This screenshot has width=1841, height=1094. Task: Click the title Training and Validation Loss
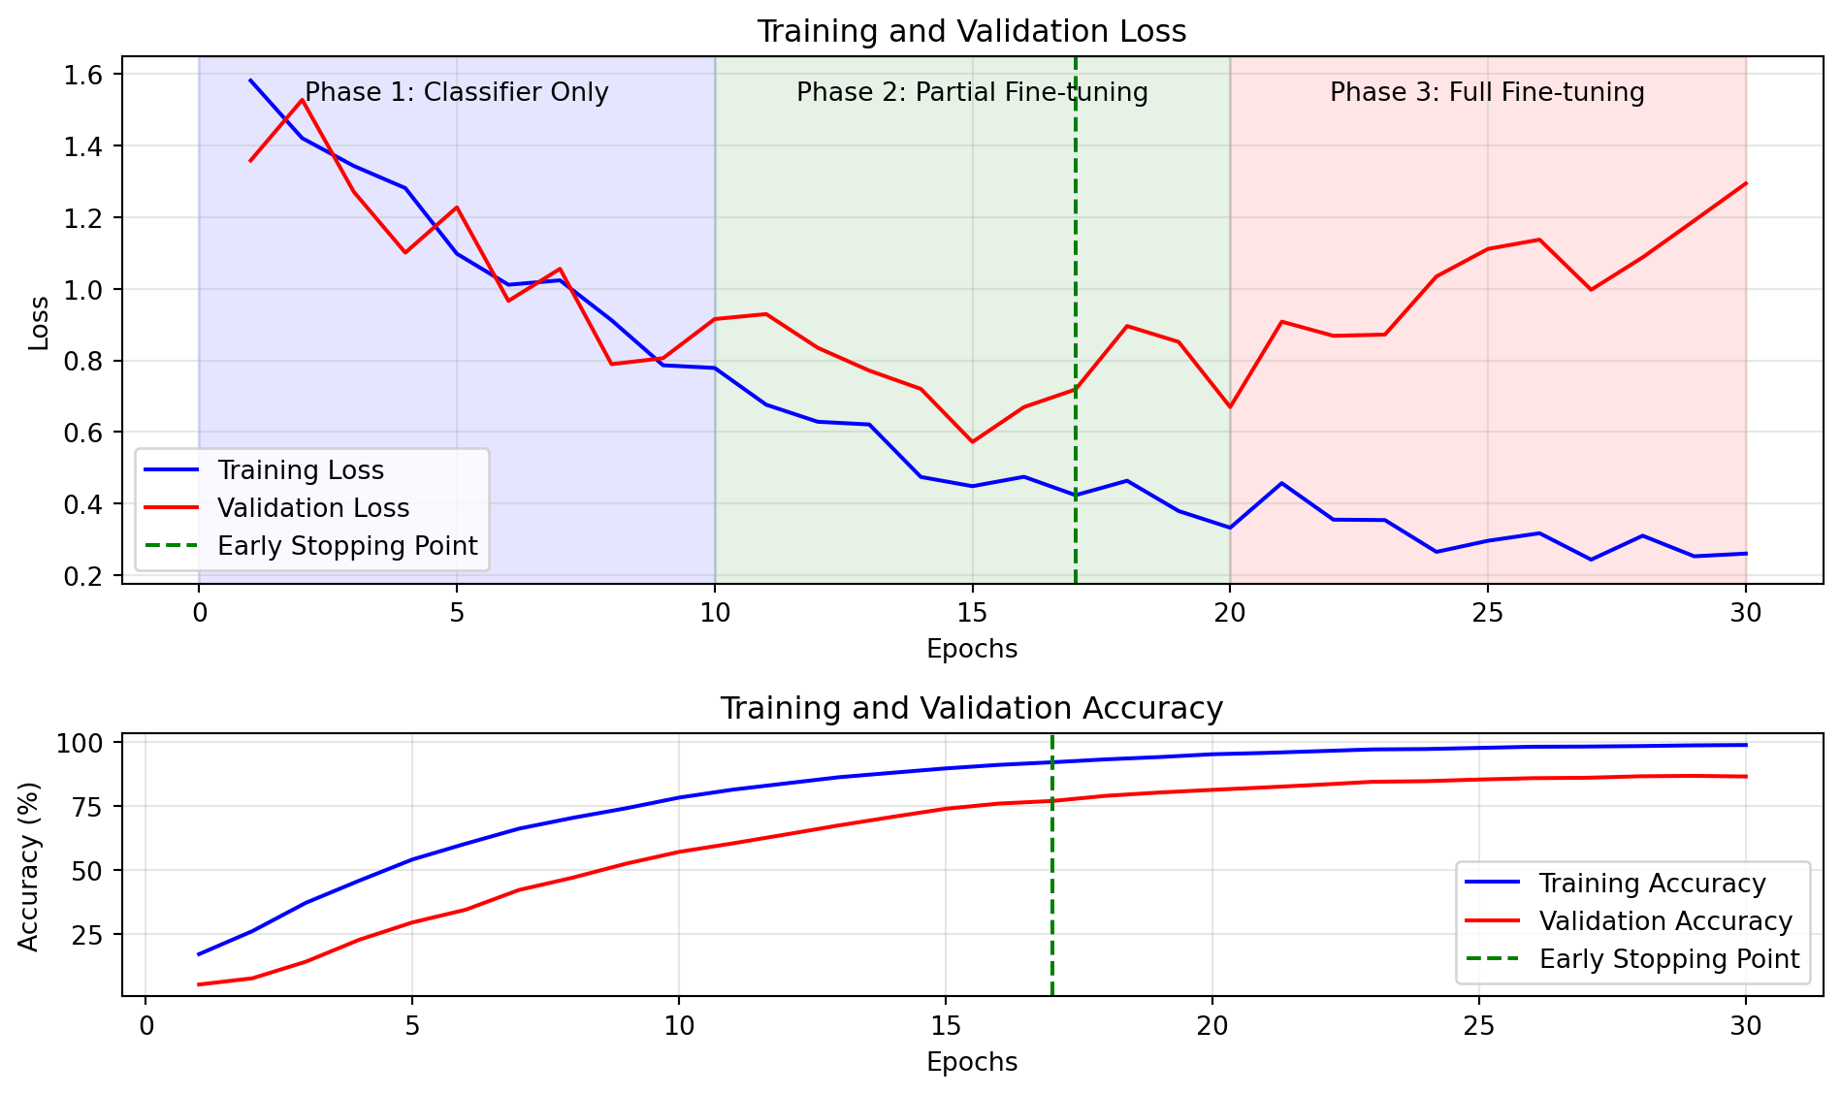point(971,32)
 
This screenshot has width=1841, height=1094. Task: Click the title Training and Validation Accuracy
point(971,709)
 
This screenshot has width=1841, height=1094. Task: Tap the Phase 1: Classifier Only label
point(457,93)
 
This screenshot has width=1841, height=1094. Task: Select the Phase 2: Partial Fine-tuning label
point(972,93)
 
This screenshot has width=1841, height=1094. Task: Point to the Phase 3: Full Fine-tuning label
point(1487,93)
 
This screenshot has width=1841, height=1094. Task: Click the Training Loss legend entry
point(301,471)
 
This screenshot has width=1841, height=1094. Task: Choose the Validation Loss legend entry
point(313,509)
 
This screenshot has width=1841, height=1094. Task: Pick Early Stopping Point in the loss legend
point(347,547)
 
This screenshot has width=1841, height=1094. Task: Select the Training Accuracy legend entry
point(1652,885)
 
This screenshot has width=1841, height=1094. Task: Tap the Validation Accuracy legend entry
point(1665,922)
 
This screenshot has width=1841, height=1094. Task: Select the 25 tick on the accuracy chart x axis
point(1478,1026)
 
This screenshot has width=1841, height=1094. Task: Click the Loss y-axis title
point(39,323)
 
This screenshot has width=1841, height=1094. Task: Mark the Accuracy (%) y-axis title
point(29,866)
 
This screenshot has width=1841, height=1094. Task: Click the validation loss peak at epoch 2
point(303,100)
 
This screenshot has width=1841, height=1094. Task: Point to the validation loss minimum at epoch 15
point(972,442)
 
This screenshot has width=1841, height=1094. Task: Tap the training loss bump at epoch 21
point(1281,483)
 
